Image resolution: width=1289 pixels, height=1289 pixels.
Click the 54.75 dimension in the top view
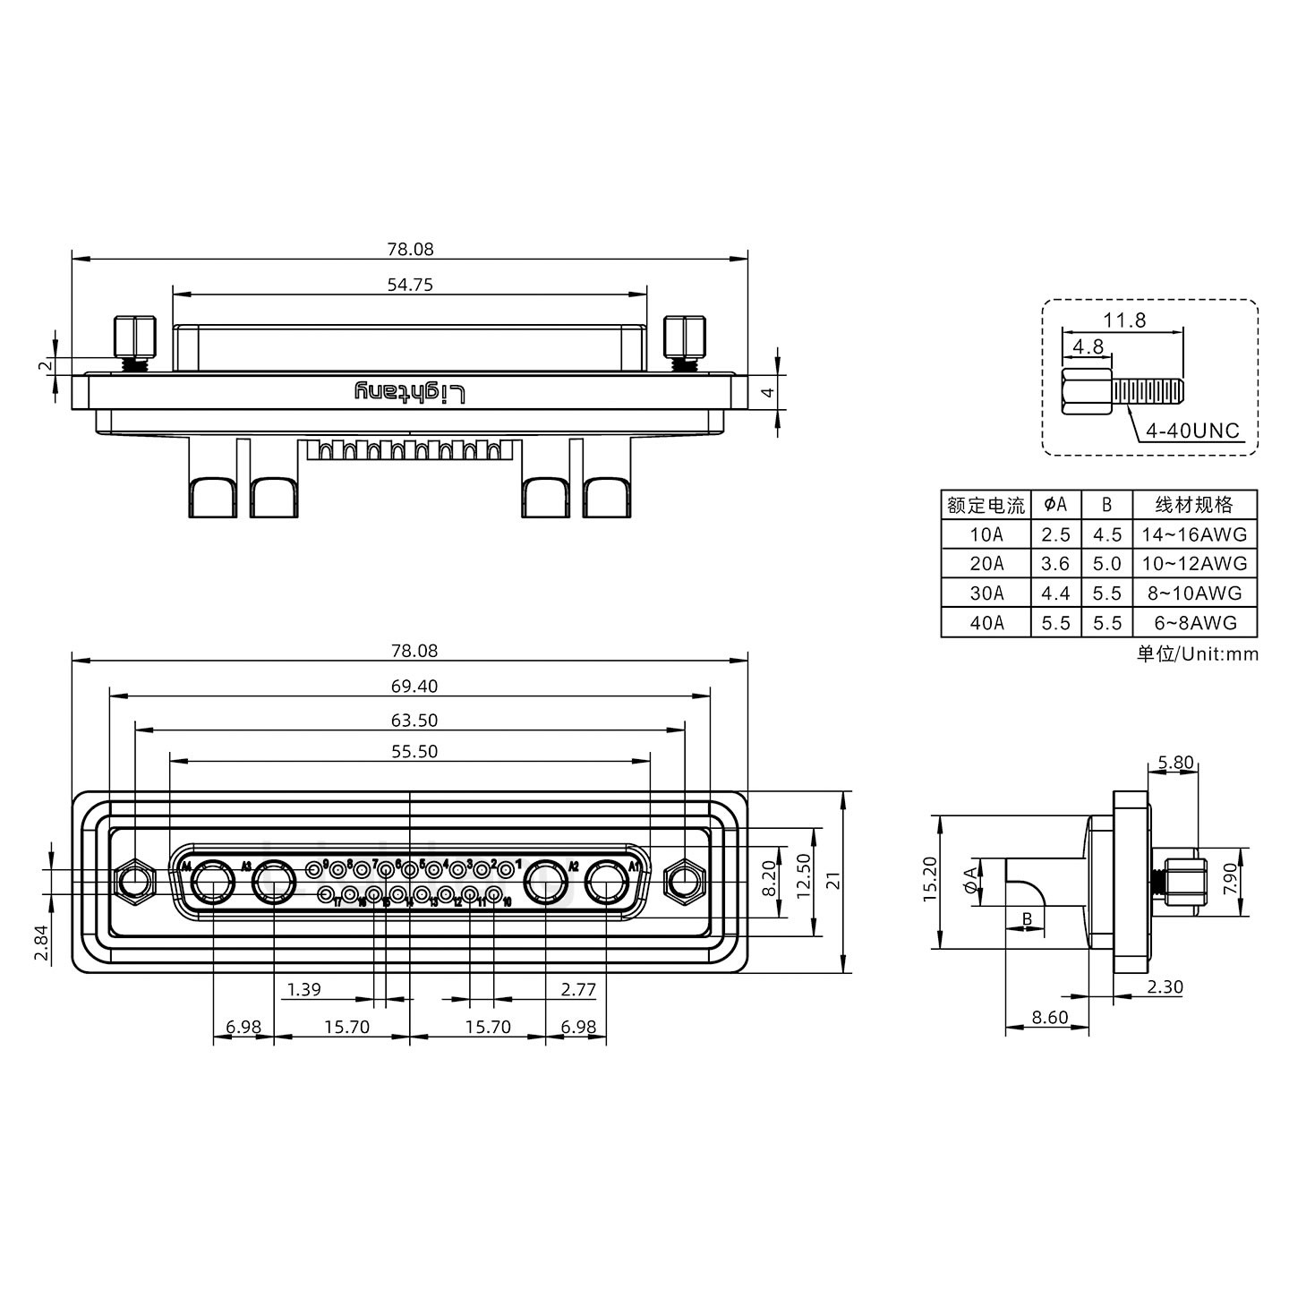(x=410, y=285)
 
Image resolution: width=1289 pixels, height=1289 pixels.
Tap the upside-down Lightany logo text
(x=410, y=392)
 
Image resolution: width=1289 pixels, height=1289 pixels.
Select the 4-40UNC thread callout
(x=1192, y=431)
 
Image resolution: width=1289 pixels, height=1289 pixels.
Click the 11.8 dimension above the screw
(x=1124, y=320)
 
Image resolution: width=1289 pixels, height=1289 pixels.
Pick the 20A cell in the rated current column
(x=986, y=564)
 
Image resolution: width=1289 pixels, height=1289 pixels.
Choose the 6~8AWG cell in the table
(x=1194, y=623)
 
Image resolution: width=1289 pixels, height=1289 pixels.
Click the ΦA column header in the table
(x=1055, y=505)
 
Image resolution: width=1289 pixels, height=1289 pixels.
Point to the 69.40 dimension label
(x=414, y=687)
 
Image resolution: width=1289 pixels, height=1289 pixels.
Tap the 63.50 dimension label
(x=414, y=721)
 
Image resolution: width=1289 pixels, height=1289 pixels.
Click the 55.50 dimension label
(x=414, y=752)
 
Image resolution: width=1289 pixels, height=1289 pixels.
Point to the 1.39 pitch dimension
(x=303, y=990)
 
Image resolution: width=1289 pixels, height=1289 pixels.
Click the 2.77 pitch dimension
(x=578, y=990)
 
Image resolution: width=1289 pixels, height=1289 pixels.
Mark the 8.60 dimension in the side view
(x=1049, y=1018)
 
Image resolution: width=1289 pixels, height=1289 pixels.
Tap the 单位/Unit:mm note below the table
(x=1197, y=654)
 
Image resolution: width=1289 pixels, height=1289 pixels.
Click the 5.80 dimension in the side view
(x=1174, y=763)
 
